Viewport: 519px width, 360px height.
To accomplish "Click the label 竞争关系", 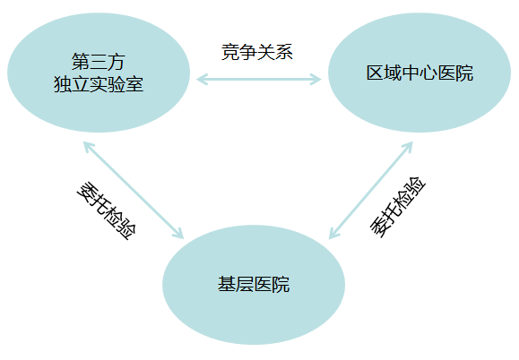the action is click(257, 52).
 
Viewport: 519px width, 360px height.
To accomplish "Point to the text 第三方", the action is click(99, 62).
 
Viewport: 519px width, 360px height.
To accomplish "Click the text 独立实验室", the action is click(99, 84).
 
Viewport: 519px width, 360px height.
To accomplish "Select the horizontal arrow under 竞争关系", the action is click(259, 80).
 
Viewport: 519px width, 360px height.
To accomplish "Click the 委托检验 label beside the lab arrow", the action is click(107, 210).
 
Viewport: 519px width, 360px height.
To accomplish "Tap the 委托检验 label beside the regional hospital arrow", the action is click(397, 207).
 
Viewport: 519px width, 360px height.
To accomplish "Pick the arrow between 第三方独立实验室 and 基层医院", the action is click(134, 190).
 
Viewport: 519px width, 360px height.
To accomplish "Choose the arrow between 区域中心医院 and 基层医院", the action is click(371, 190).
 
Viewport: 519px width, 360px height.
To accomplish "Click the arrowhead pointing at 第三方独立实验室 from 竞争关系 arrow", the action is click(202, 80).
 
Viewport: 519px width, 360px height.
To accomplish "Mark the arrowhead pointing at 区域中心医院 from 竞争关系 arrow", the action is click(316, 80).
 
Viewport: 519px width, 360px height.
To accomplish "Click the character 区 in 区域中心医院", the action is click(375, 73).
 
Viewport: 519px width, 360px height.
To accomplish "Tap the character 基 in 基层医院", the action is click(227, 284).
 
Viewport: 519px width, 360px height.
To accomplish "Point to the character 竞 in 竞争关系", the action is click(230, 52).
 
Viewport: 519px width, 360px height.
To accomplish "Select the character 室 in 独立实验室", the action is click(134, 84).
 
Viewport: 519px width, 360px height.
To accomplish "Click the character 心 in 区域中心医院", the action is click(428, 73).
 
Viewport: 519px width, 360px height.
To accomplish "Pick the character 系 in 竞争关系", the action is click(284, 52).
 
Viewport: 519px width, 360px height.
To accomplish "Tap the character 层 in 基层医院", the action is click(245, 284).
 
